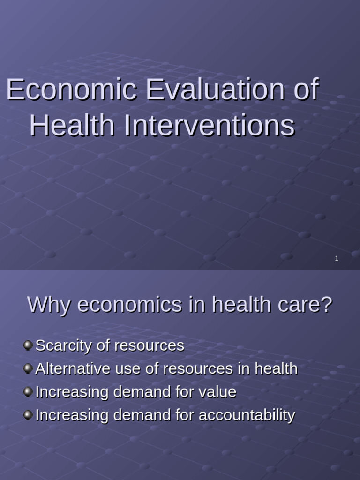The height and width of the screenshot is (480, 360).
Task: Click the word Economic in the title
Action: pyautogui.click(x=71, y=90)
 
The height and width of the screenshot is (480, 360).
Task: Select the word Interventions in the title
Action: pyautogui.click(x=210, y=126)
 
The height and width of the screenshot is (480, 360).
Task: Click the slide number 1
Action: pyautogui.click(x=337, y=258)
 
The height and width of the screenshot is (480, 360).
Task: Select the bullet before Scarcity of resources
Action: pyautogui.click(x=28, y=345)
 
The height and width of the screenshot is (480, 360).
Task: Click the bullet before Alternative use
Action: pyautogui.click(x=28, y=368)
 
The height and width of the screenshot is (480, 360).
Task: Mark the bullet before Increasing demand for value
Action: pyautogui.click(x=28, y=391)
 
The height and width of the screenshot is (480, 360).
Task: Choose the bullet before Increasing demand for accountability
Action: pyautogui.click(x=28, y=414)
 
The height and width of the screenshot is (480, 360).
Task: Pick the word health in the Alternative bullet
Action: pyautogui.click(x=276, y=368)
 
